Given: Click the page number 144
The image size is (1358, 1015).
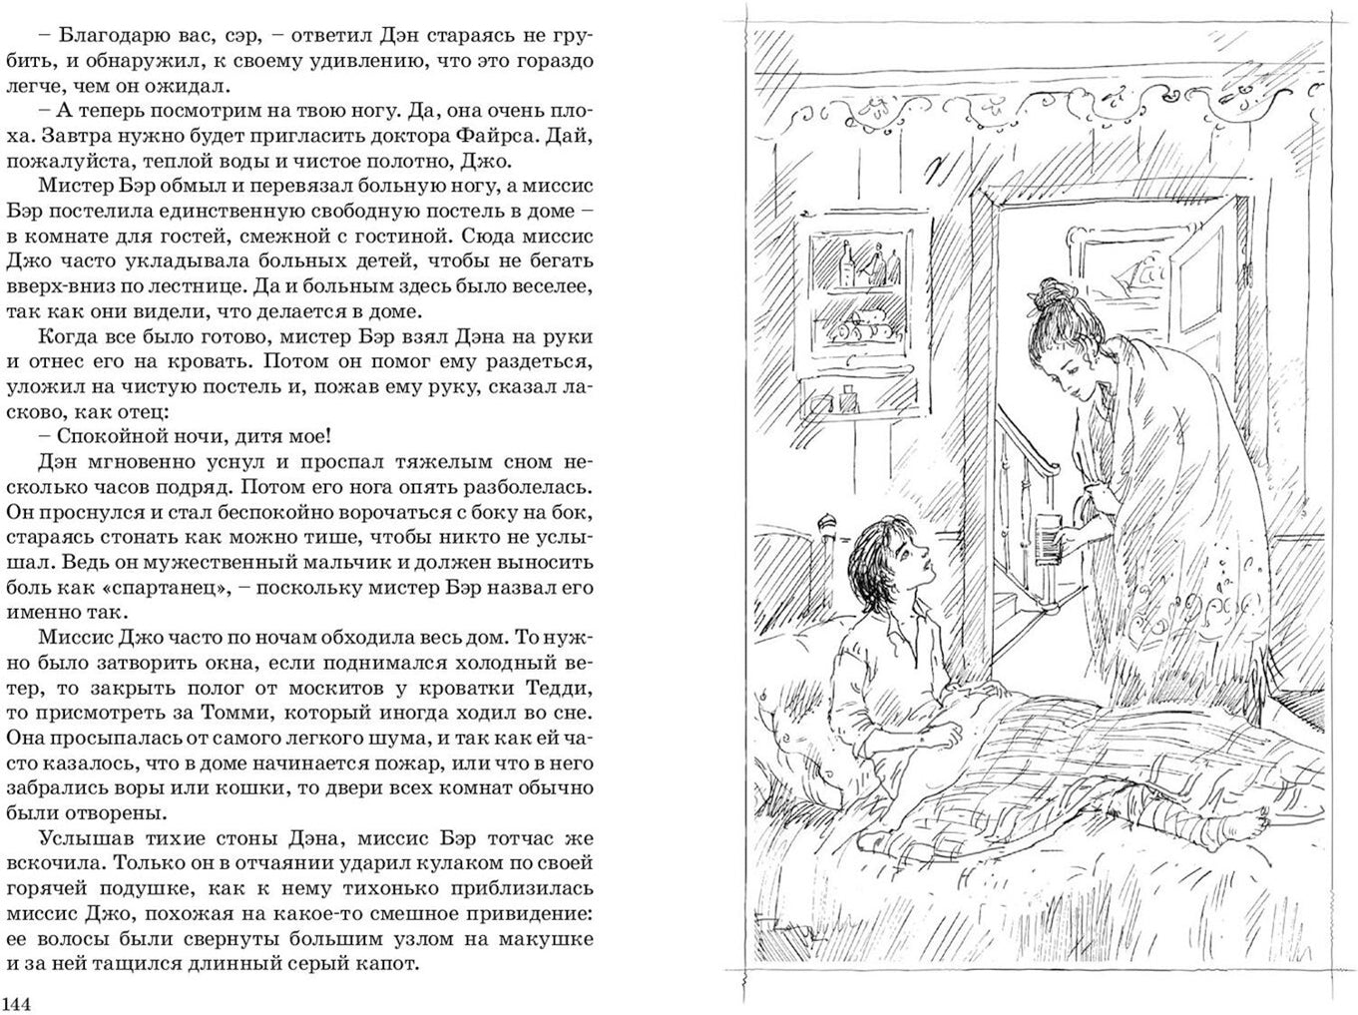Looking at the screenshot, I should pos(18,1002).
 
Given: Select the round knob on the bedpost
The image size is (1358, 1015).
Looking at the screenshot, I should pos(827,520).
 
